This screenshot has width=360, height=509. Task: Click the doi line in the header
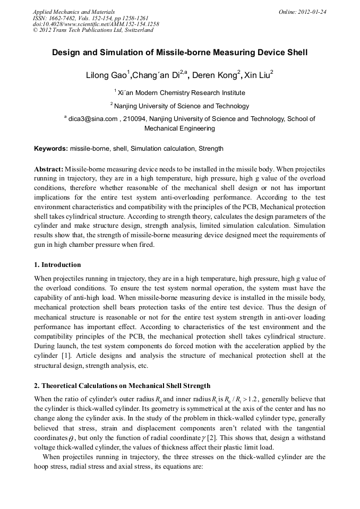coord(96,24)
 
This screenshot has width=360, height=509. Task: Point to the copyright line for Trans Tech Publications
coord(93,30)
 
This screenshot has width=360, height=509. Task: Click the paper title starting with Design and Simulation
coord(179,53)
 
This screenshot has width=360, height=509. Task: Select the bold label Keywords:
coord(51,149)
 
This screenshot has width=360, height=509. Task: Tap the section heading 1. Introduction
coord(57,265)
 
